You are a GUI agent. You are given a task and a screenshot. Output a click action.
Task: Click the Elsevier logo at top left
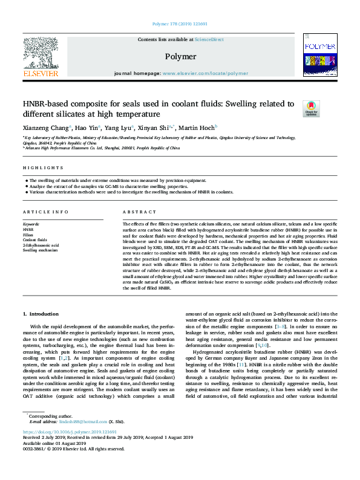[x=40, y=56]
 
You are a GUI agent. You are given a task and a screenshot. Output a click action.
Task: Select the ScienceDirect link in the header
[x=209, y=39]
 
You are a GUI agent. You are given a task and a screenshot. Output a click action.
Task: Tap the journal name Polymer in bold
[x=180, y=56]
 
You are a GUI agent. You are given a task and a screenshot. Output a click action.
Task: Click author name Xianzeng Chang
[x=46, y=128]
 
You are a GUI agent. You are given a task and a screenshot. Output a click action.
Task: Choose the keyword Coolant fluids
[x=34, y=240]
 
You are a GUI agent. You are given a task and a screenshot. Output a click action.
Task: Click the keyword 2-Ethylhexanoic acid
[x=41, y=245]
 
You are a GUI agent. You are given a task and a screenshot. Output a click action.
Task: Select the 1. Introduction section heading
[x=41, y=314]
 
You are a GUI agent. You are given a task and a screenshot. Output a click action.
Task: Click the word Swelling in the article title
[x=246, y=104]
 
